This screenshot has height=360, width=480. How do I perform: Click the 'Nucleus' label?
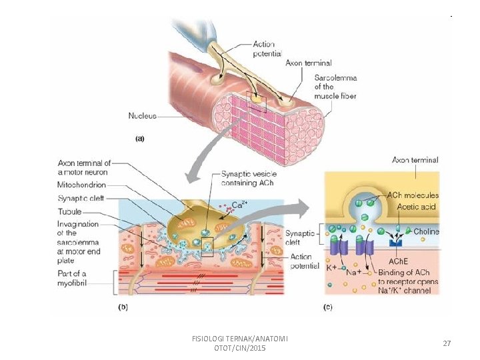142,116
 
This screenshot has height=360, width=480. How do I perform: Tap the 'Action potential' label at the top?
267,49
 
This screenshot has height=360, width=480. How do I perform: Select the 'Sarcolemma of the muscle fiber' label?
335,87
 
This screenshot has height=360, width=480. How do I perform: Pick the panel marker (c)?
327,307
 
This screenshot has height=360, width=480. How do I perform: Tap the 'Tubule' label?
69,211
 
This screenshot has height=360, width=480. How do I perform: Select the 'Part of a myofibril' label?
72,279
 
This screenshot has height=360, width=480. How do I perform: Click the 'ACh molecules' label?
413,195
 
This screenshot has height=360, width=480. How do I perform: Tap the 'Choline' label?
426,231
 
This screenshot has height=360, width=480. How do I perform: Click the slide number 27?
447,343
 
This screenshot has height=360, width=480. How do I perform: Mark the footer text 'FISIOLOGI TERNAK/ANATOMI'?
239,339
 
